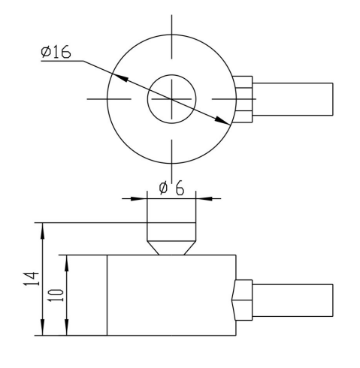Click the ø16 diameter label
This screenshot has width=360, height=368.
coord(56,52)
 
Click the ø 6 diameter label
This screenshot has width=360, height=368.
coord(171,188)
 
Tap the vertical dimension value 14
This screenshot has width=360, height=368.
coord(32,279)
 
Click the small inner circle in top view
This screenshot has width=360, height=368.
coord(147,99)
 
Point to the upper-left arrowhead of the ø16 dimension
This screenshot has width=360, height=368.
coord(119,77)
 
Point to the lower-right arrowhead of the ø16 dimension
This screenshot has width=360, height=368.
coord(222,121)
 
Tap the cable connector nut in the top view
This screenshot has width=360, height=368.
coord(243,99)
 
